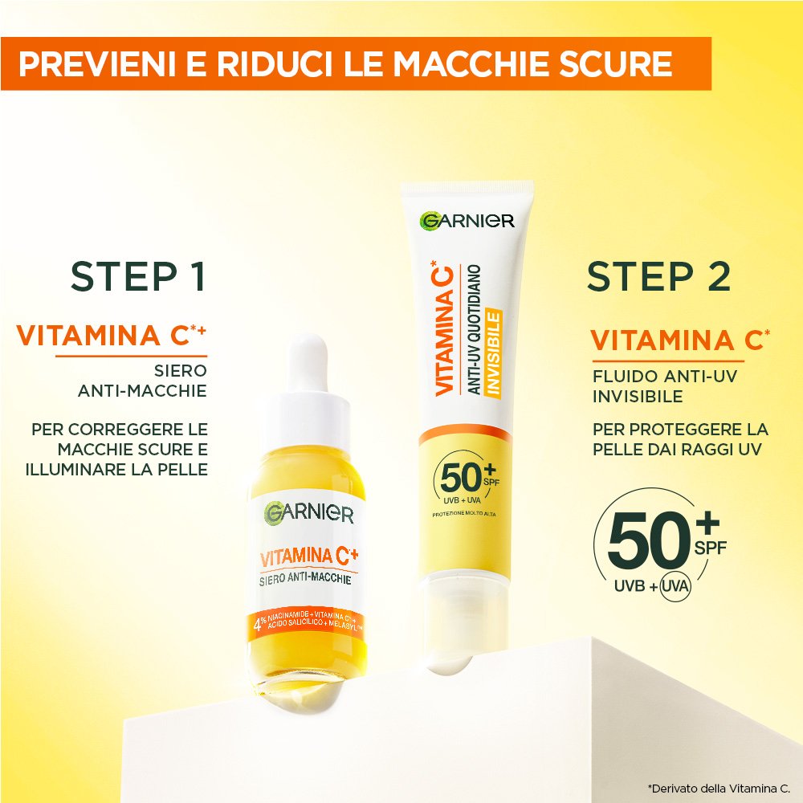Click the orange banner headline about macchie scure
tap(345, 63)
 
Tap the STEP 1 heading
tap(138, 276)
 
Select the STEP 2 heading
tap(658, 276)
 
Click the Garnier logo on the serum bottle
tap(309, 512)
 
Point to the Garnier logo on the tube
tap(467, 221)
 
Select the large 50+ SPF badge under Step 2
tap(661, 544)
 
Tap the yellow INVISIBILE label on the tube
tap(494, 354)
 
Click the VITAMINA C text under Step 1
tap(111, 336)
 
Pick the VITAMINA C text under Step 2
tap(680, 340)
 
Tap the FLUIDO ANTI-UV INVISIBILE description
tap(665, 386)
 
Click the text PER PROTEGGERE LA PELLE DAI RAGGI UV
tap(680, 439)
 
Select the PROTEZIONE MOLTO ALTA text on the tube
tap(464, 514)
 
